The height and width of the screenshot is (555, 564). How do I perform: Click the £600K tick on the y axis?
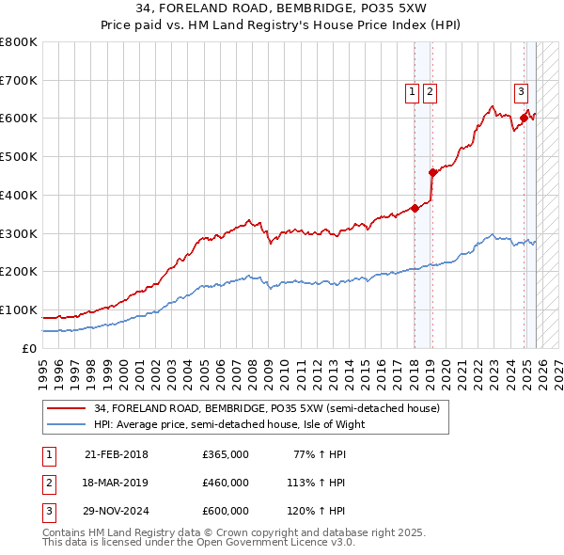19,119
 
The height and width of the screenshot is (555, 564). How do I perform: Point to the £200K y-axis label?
19,272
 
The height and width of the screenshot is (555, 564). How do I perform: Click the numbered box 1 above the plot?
413,91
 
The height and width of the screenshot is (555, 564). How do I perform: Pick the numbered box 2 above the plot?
430,91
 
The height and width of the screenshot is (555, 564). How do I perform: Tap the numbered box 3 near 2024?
520,91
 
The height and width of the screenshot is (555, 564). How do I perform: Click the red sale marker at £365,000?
415,208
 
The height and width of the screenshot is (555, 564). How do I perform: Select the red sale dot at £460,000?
432,172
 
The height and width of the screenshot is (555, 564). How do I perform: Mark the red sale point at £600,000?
524,119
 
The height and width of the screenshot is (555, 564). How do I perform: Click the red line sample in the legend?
68,408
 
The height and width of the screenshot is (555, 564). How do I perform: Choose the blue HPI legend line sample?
68,424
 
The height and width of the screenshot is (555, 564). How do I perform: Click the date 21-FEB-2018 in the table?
117,454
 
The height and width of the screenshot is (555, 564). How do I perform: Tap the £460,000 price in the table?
226,483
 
